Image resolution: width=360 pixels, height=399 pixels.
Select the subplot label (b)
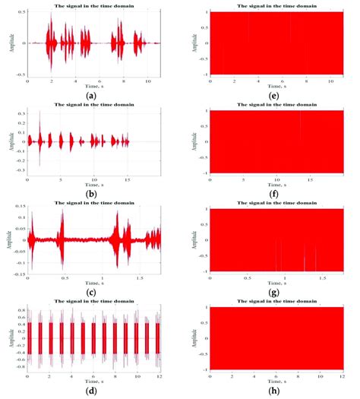(91, 193)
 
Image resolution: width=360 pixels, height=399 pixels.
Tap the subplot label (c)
(91, 292)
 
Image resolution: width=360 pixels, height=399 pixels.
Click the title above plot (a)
(91, 6)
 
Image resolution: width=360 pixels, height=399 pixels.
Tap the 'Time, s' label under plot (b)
(91, 183)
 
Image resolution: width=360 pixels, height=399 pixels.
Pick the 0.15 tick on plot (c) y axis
(21, 209)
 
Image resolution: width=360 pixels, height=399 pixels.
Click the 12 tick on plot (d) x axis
(160, 376)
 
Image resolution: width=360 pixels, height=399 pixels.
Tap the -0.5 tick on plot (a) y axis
(21, 75)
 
